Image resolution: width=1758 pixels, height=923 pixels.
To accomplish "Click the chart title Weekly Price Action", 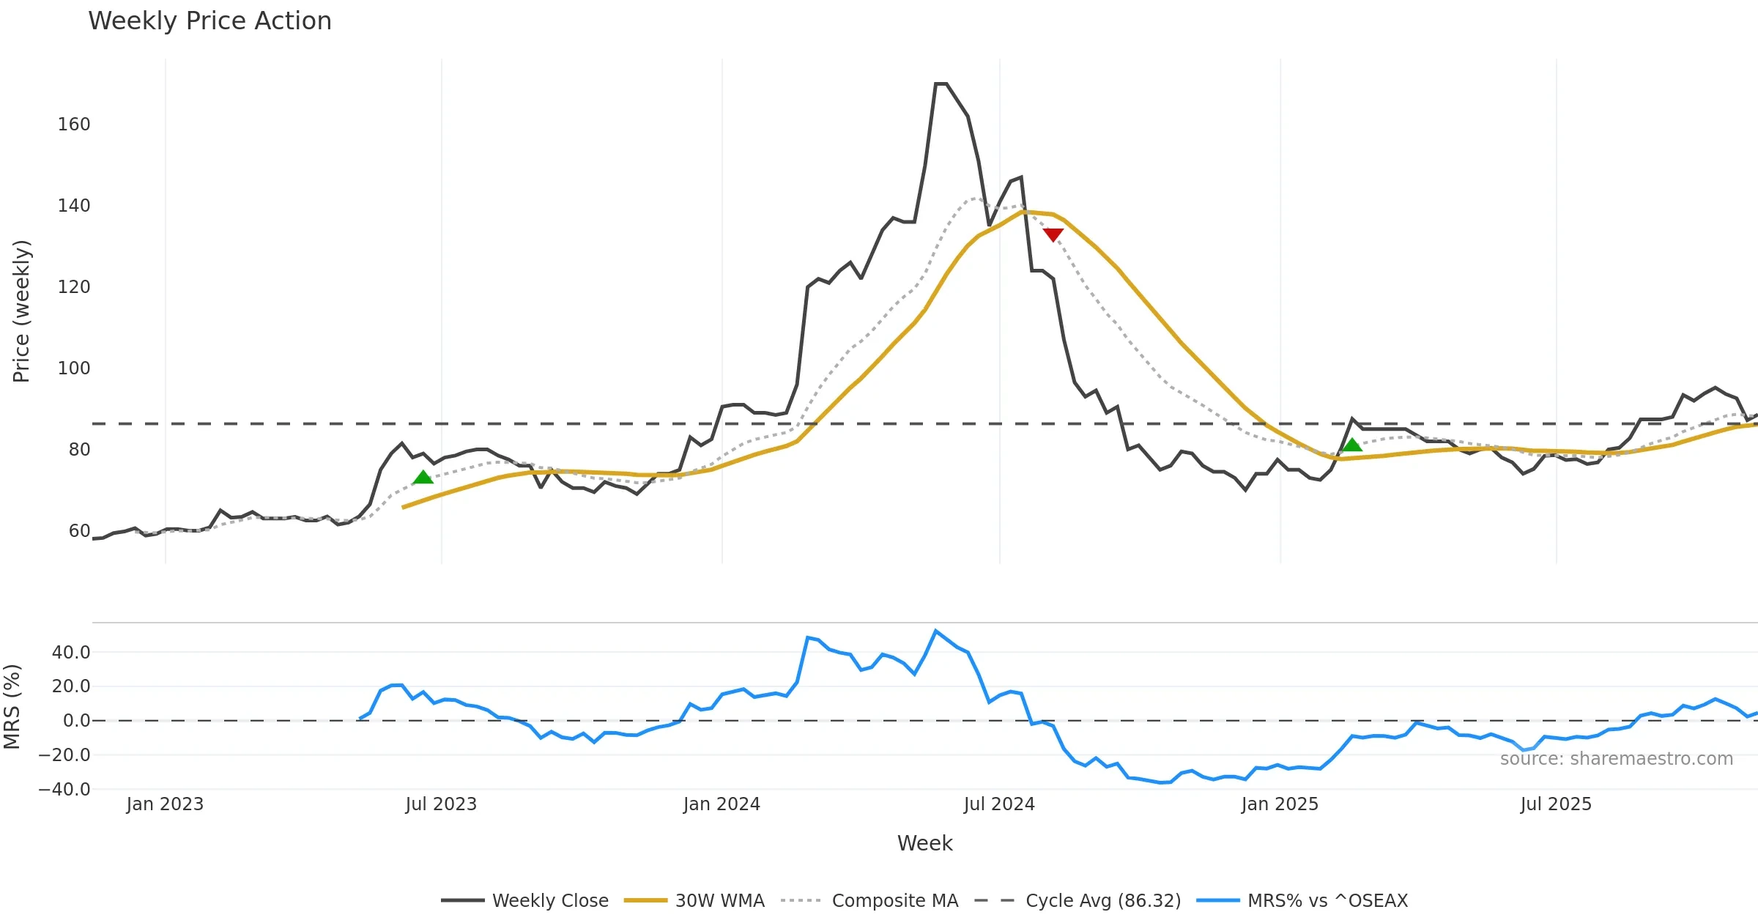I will pos(209,21).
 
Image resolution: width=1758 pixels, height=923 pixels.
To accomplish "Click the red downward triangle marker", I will pos(1053,234).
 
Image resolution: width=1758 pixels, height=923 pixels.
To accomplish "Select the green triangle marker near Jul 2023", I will pos(423,478).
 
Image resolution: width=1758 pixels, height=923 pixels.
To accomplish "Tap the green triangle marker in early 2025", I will pos(1351,445).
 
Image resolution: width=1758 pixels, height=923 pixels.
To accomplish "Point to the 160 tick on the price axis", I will pos(74,125).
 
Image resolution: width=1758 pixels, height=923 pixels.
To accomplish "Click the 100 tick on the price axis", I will pos(74,368).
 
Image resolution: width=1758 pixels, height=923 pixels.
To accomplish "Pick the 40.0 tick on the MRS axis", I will pos(71,653).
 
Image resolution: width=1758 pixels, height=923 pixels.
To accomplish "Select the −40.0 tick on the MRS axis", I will pos(64,790).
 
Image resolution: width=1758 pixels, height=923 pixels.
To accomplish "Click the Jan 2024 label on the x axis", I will pos(722,804).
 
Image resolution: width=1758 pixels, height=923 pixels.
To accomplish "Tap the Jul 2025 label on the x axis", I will pos(1556,804).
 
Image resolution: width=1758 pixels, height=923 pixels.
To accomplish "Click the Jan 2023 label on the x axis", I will pos(165,804).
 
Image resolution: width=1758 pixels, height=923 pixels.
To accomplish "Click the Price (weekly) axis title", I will pos(22,311).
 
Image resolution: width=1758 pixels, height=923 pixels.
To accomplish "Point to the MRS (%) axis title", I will pos(12,707).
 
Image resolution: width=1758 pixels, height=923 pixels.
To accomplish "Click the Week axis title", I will pos(924,843).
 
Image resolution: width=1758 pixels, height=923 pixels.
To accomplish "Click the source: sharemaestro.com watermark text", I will pos(1616,759).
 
